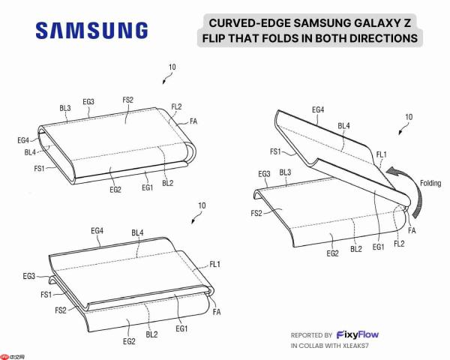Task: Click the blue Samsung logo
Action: tap(91, 30)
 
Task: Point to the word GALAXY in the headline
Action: tap(373, 23)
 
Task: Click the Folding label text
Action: tap(430, 183)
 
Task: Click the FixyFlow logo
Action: tap(357, 334)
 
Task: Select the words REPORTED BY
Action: tap(311, 335)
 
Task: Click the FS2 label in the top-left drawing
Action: tap(128, 100)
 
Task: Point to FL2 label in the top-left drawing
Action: tap(176, 106)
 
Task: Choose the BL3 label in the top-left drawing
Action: tap(65, 108)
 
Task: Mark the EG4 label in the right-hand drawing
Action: tap(318, 109)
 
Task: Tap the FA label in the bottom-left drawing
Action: tap(217, 312)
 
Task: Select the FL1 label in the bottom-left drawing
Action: tap(215, 264)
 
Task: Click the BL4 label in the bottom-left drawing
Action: tap(137, 232)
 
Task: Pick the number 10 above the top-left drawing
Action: tap(172, 67)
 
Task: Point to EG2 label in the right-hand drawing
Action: tap(332, 253)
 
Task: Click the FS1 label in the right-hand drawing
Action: tap(275, 151)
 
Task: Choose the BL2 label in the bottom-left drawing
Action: tap(151, 334)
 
